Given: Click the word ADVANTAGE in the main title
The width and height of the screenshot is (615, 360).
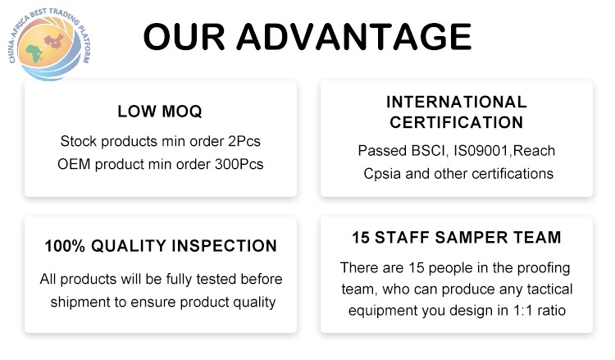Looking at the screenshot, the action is [353, 37].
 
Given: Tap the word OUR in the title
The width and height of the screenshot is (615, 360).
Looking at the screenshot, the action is [184, 37].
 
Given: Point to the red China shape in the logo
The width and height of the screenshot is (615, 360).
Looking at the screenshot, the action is [54, 42].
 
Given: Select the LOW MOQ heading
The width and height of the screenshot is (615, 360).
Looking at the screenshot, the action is [160, 112].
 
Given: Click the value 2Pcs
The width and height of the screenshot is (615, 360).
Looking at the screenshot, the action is [244, 141].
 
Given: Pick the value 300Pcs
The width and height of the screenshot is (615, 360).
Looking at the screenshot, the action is [239, 164].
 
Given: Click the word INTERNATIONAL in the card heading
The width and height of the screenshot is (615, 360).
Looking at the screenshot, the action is [457, 102].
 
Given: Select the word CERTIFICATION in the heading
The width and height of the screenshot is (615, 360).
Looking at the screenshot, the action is [457, 122].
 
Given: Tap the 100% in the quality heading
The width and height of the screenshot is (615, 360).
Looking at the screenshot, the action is [65, 246].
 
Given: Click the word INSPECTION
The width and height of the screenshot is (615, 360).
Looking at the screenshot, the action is [225, 246].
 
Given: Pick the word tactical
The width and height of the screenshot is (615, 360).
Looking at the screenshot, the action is [550, 289].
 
